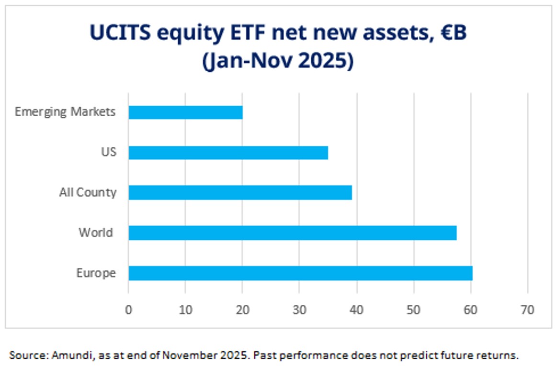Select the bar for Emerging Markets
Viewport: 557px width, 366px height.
186,112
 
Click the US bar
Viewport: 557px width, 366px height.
228,153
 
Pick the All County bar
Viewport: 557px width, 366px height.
240,193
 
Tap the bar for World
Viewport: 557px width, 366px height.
293,233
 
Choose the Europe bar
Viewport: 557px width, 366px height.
300,273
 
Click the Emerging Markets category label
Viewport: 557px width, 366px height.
65,112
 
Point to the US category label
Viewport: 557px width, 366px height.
108,153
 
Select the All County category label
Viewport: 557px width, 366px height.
88,193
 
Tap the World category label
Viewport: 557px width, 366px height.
96,233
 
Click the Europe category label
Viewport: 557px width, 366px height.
96,273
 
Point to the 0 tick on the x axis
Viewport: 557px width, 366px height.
128,310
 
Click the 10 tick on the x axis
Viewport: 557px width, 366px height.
185,310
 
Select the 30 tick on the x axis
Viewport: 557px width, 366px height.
299,310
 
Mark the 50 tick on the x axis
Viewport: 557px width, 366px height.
414,310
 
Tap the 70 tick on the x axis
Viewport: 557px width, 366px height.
527,310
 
